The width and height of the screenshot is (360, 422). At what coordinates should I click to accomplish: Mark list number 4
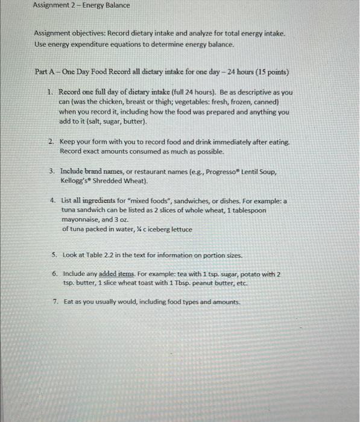click(x=53, y=200)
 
